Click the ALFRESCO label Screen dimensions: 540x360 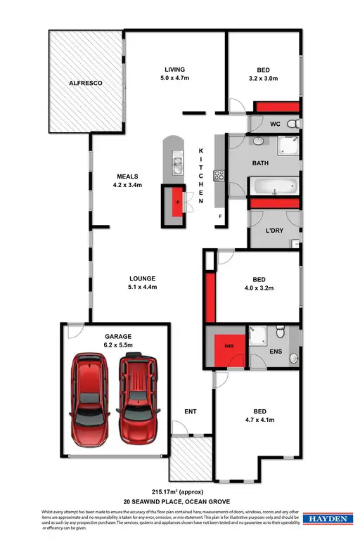coord(86,83)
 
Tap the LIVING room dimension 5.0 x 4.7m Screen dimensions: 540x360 coord(174,79)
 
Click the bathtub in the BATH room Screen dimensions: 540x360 coord(274,188)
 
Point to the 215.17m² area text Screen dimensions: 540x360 coord(180,491)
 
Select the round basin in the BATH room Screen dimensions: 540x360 coord(258,141)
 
